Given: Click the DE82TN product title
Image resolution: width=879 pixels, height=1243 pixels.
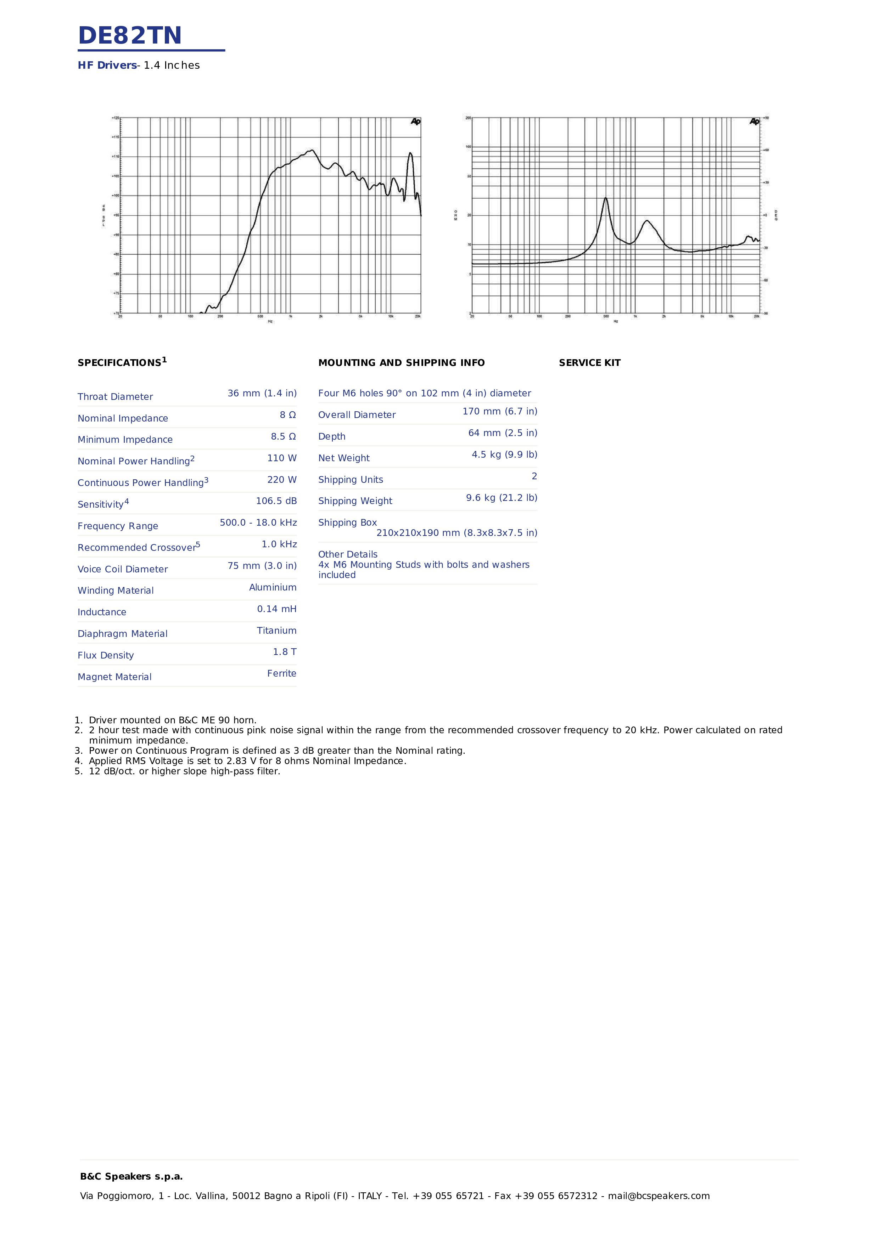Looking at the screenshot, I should click(x=130, y=36).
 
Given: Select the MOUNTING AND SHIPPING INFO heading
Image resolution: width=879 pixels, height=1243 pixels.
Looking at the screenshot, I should click(x=401, y=363).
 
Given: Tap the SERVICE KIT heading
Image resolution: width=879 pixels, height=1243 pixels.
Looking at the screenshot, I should click(x=589, y=363).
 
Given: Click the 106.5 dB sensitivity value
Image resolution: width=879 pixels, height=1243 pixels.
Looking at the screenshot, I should click(x=276, y=501).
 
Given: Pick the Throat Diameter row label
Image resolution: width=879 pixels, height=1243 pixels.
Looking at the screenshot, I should click(x=115, y=397).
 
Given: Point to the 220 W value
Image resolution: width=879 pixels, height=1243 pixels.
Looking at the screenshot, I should click(x=282, y=479).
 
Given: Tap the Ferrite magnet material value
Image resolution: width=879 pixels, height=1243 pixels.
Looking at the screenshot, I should click(x=282, y=673).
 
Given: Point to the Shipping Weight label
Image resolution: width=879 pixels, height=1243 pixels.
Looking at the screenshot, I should click(x=355, y=501).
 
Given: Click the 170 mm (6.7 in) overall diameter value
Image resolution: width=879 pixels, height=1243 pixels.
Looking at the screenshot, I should click(x=499, y=412).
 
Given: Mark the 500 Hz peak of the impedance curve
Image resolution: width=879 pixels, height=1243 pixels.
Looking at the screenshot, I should click(x=605, y=199).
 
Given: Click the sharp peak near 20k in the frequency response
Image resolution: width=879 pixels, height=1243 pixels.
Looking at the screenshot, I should click(x=410, y=154).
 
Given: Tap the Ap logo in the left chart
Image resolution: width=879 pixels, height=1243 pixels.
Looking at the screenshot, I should click(x=415, y=121).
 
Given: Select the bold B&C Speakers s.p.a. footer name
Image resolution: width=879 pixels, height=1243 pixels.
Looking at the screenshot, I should click(x=131, y=1176).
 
